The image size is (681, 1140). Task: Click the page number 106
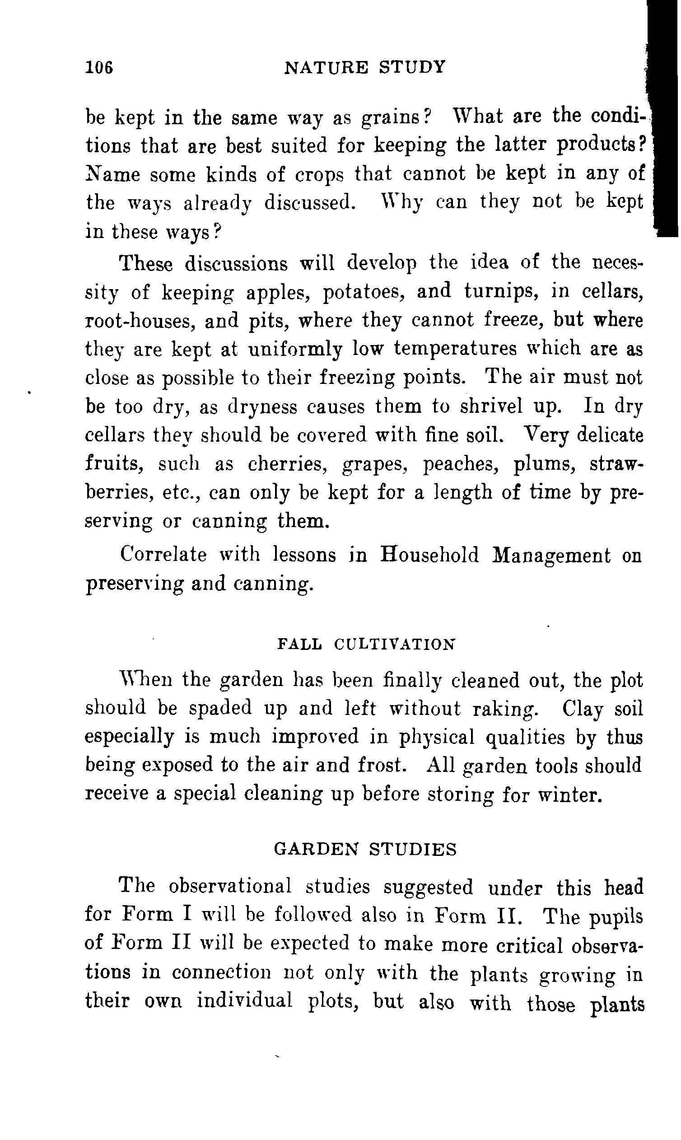click(98, 68)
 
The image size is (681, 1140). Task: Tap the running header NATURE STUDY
click(365, 67)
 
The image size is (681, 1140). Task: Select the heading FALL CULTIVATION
click(367, 645)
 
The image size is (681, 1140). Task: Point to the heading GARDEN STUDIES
click(365, 850)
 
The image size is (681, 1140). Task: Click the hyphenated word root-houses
click(138, 321)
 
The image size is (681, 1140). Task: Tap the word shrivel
click(490, 406)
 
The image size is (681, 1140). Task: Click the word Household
click(429, 555)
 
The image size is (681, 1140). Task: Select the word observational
click(230, 886)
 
